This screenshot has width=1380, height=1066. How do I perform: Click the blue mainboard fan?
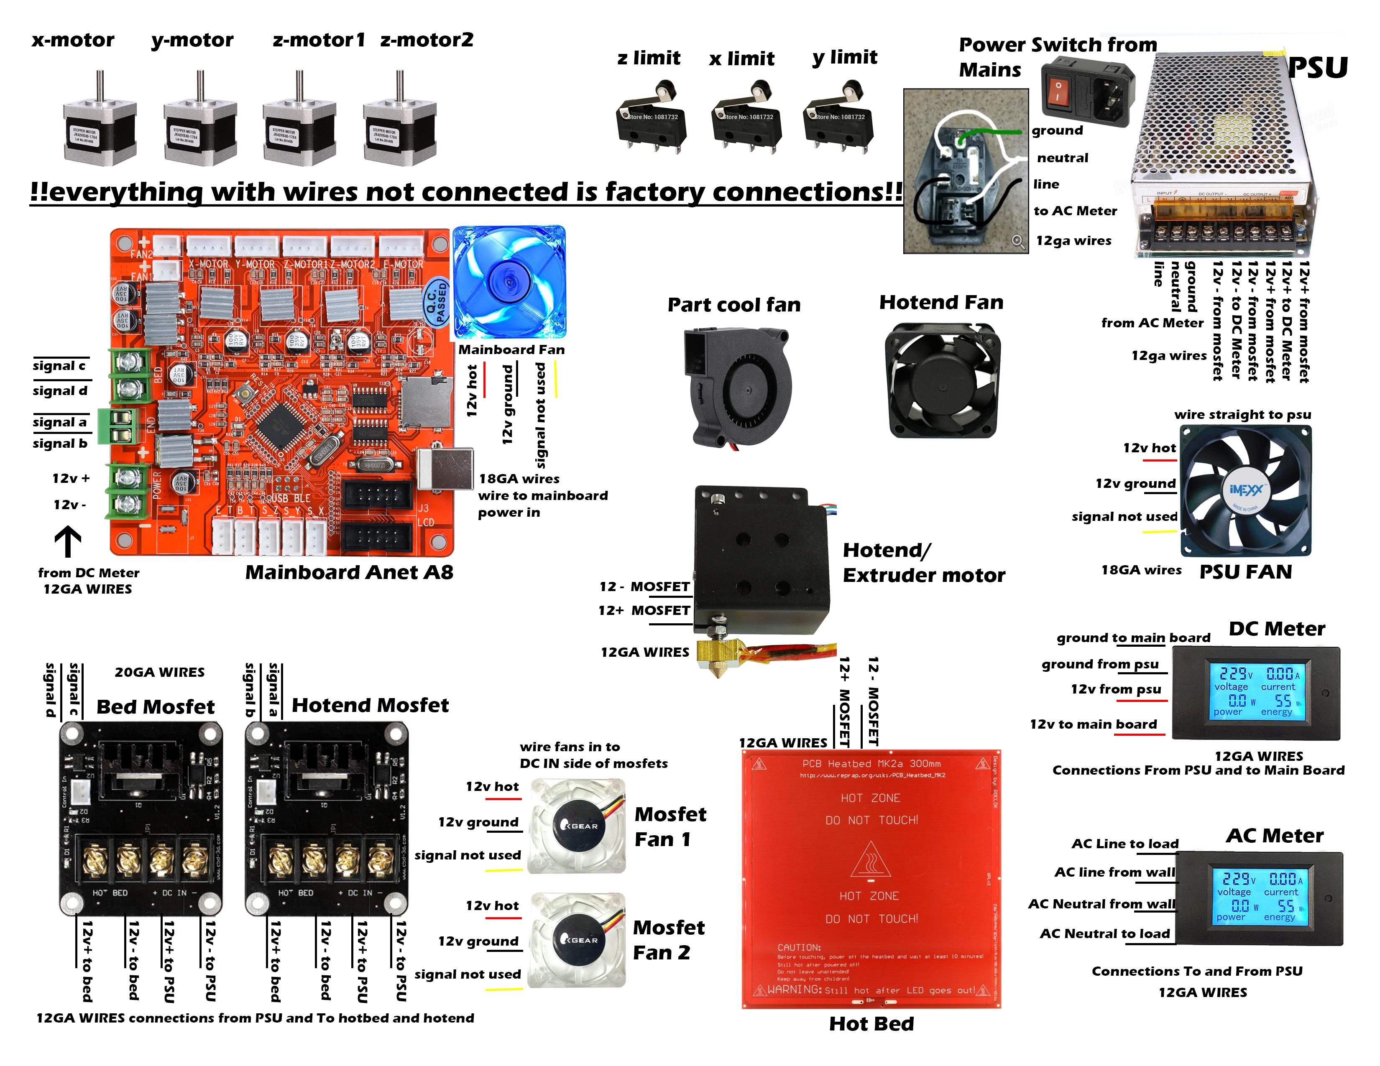point(509,282)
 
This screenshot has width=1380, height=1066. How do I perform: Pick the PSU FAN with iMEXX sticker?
point(1245,491)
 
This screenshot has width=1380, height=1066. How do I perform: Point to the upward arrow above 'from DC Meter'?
point(68,542)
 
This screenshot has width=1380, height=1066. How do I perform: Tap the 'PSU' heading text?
point(1317,68)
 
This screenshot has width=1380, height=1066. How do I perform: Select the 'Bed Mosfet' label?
point(156,706)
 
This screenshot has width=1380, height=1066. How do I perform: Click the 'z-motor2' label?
point(427,40)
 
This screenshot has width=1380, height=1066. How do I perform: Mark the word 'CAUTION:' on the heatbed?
point(799,947)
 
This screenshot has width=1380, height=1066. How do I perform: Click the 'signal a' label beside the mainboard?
point(60,422)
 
